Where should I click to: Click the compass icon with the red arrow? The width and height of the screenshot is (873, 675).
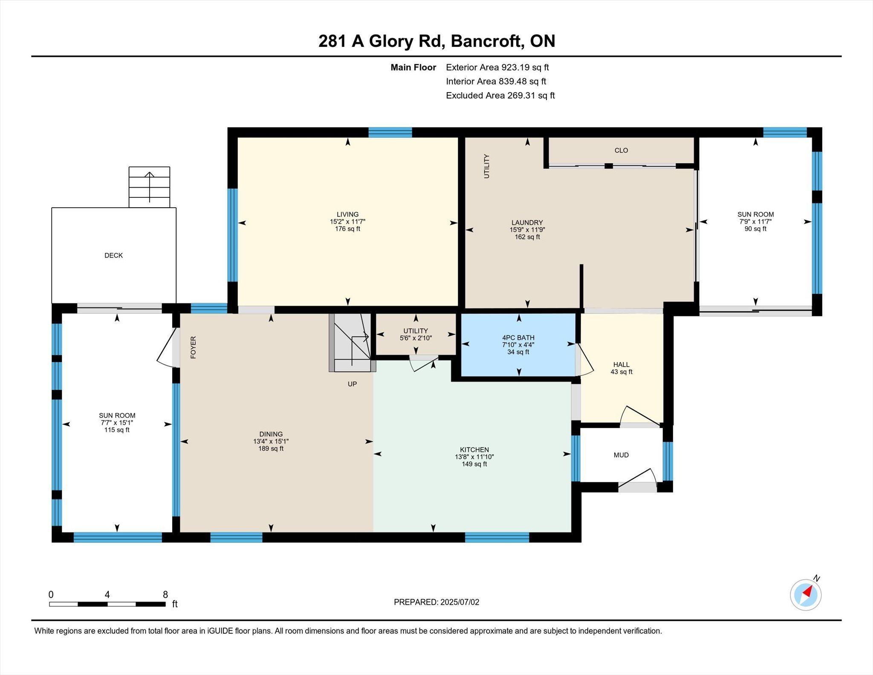pyautogui.click(x=806, y=594)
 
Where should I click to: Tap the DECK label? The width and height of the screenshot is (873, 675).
pyautogui.click(x=113, y=255)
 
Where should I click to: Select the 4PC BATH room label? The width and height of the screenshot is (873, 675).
pyautogui.click(x=518, y=338)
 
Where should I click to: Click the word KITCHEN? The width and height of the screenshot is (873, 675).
pyautogui.click(x=474, y=449)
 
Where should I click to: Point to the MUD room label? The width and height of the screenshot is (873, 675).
pyautogui.click(x=621, y=455)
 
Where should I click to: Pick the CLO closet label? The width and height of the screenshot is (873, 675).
pyautogui.click(x=622, y=150)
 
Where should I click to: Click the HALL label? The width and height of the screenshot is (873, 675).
pyautogui.click(x=622, y=365)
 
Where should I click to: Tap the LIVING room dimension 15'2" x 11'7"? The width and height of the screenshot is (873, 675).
pyautogui.click(x=348, y=222)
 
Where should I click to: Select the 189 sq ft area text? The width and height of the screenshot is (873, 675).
pyautogui.click(x=271, y=449)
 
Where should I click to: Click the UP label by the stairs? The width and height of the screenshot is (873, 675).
pyautogui.click(x=352, y=384)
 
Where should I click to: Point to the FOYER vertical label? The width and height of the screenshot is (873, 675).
pyautogui.click(x=193, y=347)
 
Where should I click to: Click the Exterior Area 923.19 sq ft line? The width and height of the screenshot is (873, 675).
pyautogui.click(x=497, y=67)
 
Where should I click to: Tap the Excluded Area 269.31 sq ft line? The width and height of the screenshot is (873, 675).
pyautogui.click(x=500, y=96)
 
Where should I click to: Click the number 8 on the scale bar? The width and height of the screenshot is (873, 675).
pyautogui.click(x=165, y=594)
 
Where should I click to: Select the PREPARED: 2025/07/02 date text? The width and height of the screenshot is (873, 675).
pyautogui.click(x=436, y=602)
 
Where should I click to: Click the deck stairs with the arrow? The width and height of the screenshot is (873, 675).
pyautogui.click(x=149, y=187)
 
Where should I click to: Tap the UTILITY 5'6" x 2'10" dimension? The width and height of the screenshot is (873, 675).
pyautogui.click(x=416, y=338)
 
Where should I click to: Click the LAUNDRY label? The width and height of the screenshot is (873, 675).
pyautogui.click(x=527, y=223)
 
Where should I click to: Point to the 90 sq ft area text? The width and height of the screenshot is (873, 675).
pyautogui.click(x=756, y=229)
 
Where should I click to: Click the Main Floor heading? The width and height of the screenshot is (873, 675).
pyautogui.click(x=413, y=67)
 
